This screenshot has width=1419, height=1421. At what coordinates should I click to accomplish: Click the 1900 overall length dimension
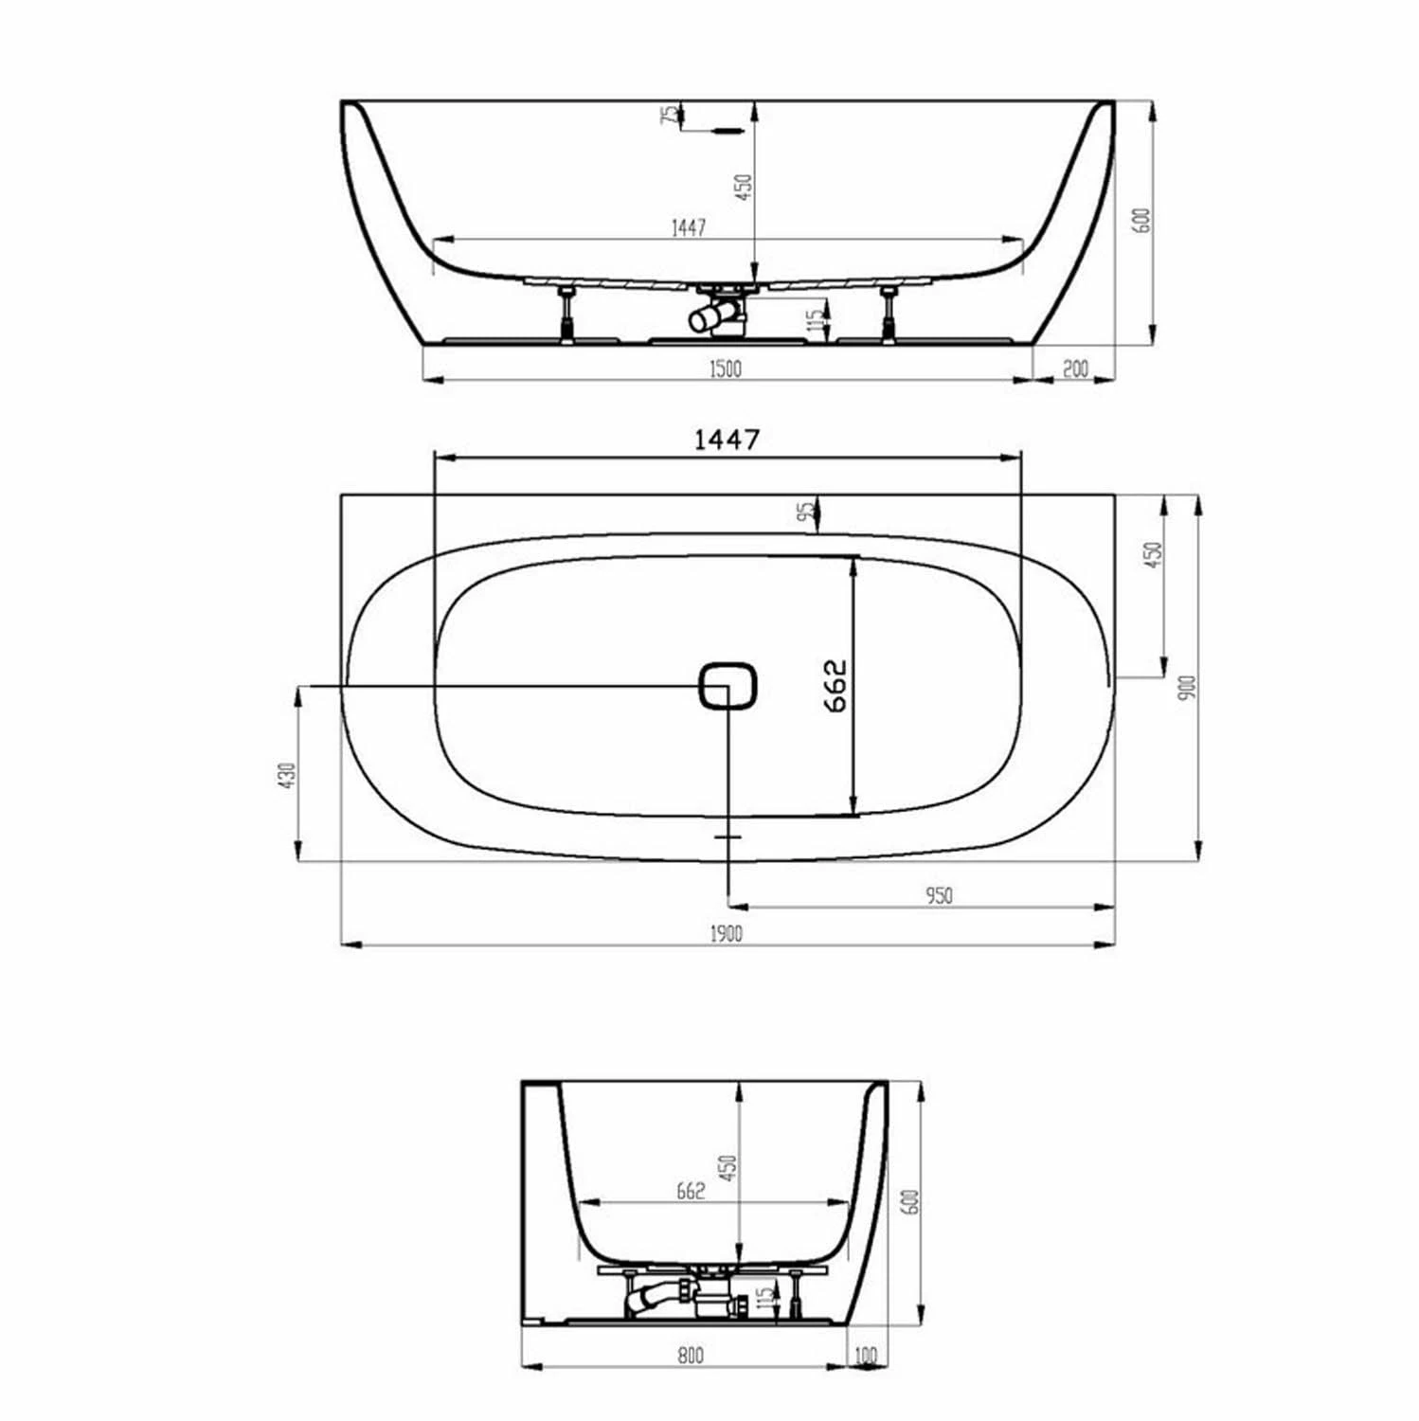[x=726, y=933]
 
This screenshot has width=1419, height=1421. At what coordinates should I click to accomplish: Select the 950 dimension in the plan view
[x=939, y=895]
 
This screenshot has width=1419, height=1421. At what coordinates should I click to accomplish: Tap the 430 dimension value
[x=289, y=775]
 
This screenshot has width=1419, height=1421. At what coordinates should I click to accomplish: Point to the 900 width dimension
[x=1190, y=687]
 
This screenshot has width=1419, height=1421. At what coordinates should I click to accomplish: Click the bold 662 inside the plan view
[x=834, y=685]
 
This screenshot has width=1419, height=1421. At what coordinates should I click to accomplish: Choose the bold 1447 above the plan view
[x=727, y=440]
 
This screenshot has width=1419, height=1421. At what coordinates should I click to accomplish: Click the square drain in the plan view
[x=727, y=685]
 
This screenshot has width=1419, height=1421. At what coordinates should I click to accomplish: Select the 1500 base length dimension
[x=725, y=369]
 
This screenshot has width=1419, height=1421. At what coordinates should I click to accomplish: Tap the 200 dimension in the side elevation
[x=1074, y=369]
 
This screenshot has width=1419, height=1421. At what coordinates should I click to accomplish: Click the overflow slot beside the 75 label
[x=727, y=132]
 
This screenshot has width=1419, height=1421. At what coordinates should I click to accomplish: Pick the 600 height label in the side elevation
[x=1141, y=220]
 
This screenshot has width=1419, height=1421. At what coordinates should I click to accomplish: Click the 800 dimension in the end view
[x=691, y=1356]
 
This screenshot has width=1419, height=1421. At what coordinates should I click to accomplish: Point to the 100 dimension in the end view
[x=865, y=1356]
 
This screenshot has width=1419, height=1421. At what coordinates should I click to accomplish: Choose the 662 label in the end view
[x=691, y=1192]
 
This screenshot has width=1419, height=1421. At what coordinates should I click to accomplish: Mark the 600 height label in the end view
[x=912, y=1202]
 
